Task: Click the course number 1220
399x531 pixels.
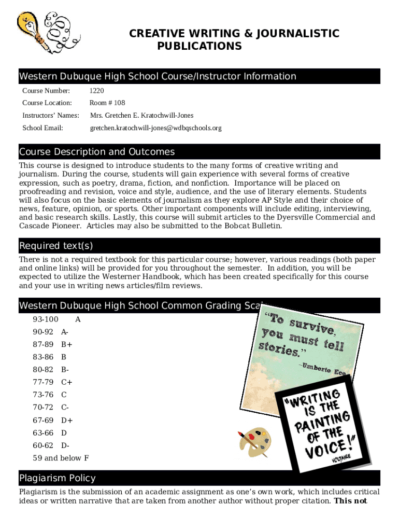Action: click(x=97, y=91)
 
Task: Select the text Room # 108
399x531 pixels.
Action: click(x=107, y=103)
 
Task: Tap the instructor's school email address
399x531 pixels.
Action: click(x=155, y=128)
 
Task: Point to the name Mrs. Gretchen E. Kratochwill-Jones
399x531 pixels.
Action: click(x=141, y=116)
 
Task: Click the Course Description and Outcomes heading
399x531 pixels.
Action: click(x=97, y=152)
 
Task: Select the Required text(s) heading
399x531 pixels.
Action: click(x=56, y=246)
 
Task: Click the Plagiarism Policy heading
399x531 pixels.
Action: click(x=58, y=478)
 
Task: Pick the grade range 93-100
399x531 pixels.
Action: click(x=46, y=319)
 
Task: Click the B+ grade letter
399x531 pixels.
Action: click(x=67, y=344)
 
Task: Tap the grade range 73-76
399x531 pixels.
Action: click(x=43, y=395)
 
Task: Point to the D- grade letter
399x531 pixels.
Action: click(x=65, y=445)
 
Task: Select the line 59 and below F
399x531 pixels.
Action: click(x=61, y=458)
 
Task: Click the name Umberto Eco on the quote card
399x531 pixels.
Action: click(x=324, y=370)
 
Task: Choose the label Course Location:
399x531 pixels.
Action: click(x=47, y=103)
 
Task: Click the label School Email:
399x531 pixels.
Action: click(x=42, y=128)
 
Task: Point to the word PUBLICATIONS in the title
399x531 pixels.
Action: click(x=199, y=47)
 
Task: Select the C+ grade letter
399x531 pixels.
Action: click(x=67, y=382)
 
